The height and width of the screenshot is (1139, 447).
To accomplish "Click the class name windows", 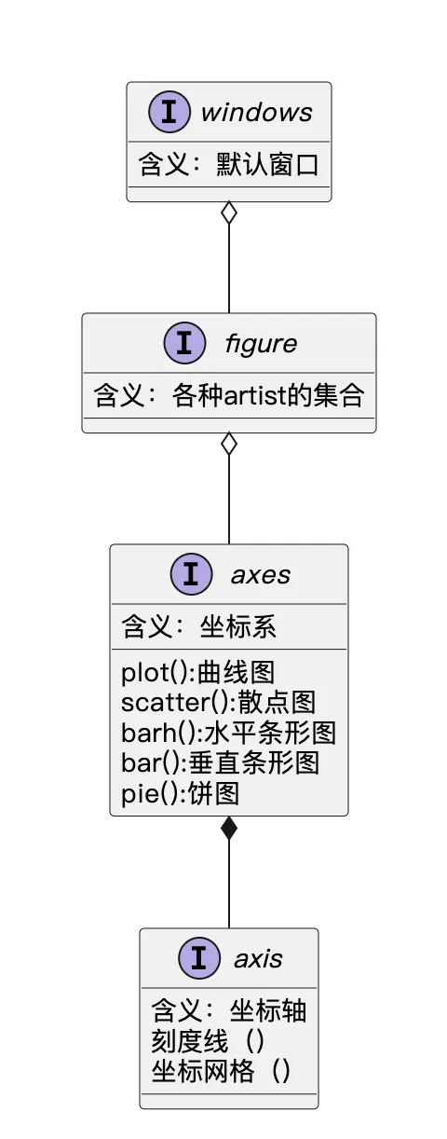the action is click(x=256, y=113).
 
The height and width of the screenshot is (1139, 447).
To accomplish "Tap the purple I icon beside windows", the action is click(x=169, y=112).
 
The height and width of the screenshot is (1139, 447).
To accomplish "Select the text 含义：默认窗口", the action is click(x=229, y=165).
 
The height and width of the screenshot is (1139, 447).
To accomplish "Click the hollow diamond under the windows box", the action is click(x=229, y=213).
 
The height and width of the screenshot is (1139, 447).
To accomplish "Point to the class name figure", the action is click(x=261, y=344).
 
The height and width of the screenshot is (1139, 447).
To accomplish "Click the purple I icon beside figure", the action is click(x=185, y=343).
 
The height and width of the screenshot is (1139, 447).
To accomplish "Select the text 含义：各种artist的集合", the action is click(x=229, y=395).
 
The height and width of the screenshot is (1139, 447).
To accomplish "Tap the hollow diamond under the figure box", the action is click(x=229, y=444).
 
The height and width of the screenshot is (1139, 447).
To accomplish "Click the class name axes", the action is click(x=261, y=575).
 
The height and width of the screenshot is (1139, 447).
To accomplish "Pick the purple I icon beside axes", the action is click(x=191, y=574).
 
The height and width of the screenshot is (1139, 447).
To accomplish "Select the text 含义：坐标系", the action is click(x=198, y=627).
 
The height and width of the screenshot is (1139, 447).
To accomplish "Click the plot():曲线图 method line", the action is click(x=197, y=673).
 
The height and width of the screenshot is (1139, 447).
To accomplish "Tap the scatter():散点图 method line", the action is click(x=219, y=703).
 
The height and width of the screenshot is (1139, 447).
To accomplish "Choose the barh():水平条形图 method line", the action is click(x=228, y=733).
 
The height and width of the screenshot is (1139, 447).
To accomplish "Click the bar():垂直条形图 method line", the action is click(x=220, y=762).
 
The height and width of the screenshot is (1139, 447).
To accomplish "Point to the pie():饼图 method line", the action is click(x=180, y=793).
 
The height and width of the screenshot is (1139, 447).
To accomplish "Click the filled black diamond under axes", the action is click(x=229, y=828).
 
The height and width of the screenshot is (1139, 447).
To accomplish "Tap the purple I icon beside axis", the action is click(x=199, y=958).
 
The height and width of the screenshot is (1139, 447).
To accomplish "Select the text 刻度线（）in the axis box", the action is click(x=208, y=1041).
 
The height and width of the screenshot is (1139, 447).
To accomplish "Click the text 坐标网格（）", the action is click(x=221, y=1071).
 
